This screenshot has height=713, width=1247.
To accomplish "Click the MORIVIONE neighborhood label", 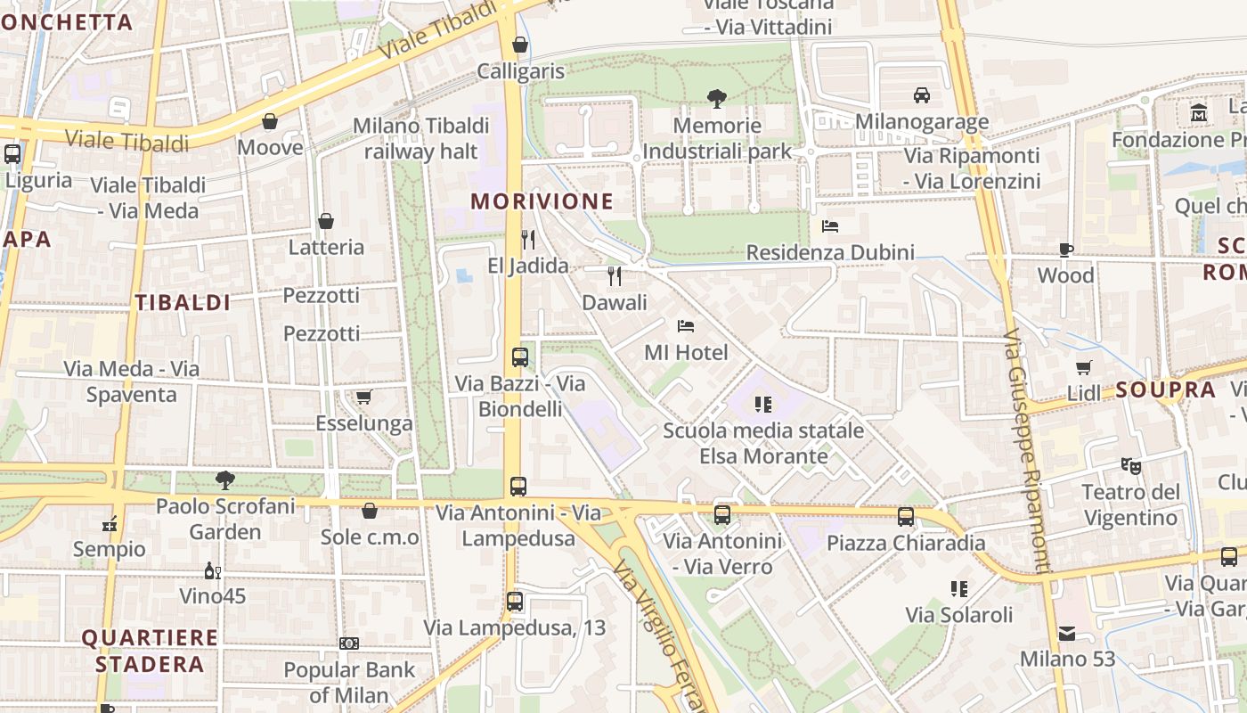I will [x=542, y=201].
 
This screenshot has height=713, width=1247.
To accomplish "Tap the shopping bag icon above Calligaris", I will [x=520, y=45].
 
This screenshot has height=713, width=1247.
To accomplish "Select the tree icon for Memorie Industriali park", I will [x=716, y=98].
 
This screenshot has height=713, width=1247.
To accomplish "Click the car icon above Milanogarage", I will [x=922, y=94].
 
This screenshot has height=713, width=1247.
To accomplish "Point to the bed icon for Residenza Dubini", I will [x=830, y=226].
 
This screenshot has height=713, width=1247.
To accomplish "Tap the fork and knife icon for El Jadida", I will [x=528, y=239].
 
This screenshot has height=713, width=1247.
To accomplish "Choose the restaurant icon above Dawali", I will [x=615, y=276].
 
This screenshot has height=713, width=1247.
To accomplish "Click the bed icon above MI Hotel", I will [x=685, y=326].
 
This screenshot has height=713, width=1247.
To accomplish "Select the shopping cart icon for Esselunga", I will [x=363, y=397].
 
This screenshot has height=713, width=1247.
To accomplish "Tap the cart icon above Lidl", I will [x=1084, y=367].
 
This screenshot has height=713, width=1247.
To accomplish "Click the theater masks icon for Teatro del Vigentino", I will [x=1131, y=465].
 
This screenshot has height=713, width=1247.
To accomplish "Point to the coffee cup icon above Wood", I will [x=1066, y=250].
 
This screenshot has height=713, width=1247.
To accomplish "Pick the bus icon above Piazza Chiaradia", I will [x=906, y=516].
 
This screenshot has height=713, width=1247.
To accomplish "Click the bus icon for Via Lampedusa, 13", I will [x=515, y=601].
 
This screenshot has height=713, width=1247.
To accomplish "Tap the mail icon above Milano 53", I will [x=1067, y=634].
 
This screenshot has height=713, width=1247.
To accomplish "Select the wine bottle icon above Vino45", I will [x=213, y=570].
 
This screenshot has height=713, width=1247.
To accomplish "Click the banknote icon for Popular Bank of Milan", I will [x=349, y=643].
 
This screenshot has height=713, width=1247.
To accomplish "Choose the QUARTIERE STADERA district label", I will [x=150, y=651].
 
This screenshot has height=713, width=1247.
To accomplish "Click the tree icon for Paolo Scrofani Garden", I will [x=225, y=480].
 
